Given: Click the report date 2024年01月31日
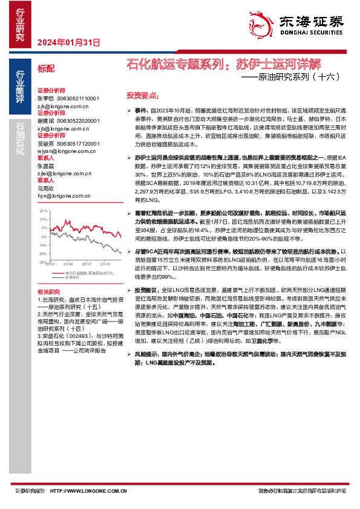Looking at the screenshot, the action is (x=68, y=42).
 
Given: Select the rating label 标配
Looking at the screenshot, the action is (x=45, y=68).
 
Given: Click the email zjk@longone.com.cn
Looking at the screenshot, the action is (x=64, y=105).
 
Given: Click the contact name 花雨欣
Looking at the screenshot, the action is (x=46, y=188).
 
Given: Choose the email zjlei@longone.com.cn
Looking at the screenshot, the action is (x=64, y=173).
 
